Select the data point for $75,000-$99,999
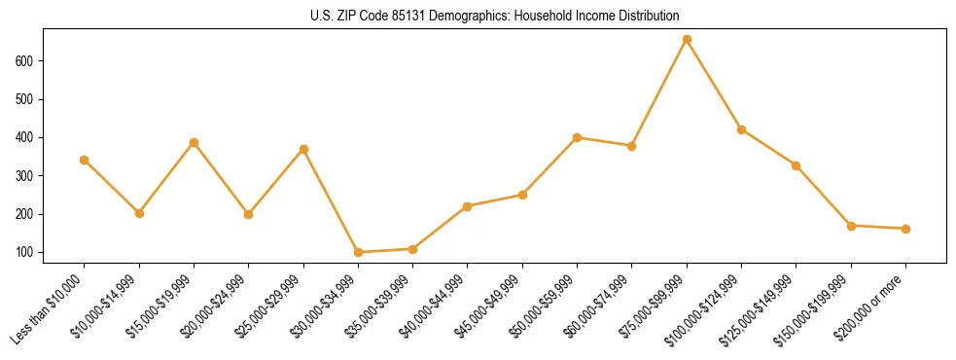tap(687, 40)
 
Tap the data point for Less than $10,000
tap(85, 160)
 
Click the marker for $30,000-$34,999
tap(358, 252)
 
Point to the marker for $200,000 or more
tap(905, 229)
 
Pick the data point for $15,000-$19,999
tap(194, 142)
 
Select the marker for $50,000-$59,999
tap(577, 137)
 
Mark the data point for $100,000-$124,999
tap(741, 129)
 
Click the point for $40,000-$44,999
tap(468, 206)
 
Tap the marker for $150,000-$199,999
tap(851, 226)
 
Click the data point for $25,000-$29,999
tap(303, 149)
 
